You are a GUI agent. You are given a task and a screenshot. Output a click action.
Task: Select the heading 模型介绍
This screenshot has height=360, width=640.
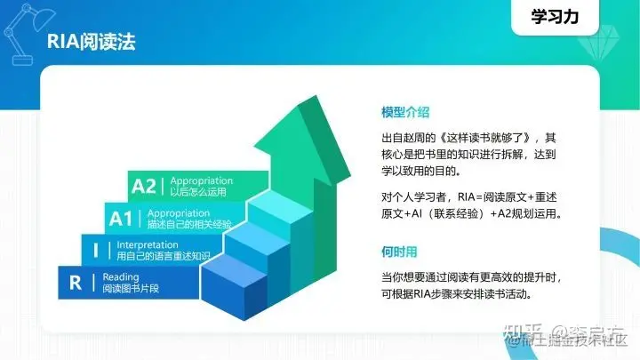coord(405,112)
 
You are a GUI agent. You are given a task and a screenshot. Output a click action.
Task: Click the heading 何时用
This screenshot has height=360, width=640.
coord(399,252)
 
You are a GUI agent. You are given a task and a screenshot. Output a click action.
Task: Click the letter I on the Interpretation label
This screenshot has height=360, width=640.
coord(95,251)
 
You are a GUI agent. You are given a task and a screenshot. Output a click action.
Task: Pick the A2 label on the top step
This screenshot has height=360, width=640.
coord(143,186)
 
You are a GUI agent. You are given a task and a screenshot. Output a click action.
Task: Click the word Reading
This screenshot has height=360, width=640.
coord(121,276)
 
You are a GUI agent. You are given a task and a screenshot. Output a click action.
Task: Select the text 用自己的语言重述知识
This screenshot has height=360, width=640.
coord(164,256)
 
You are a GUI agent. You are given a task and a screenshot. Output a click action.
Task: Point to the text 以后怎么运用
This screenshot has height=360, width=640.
coord(198,191)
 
